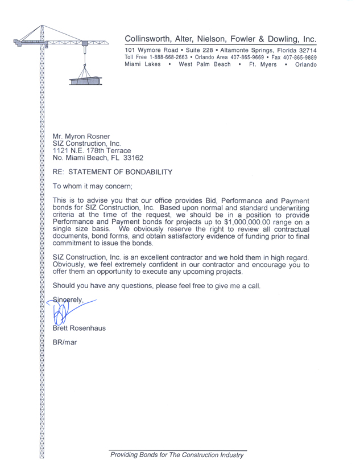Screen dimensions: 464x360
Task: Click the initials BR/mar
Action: click(x=64, y=343)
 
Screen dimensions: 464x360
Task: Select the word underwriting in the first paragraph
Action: click(x=286, y=208)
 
